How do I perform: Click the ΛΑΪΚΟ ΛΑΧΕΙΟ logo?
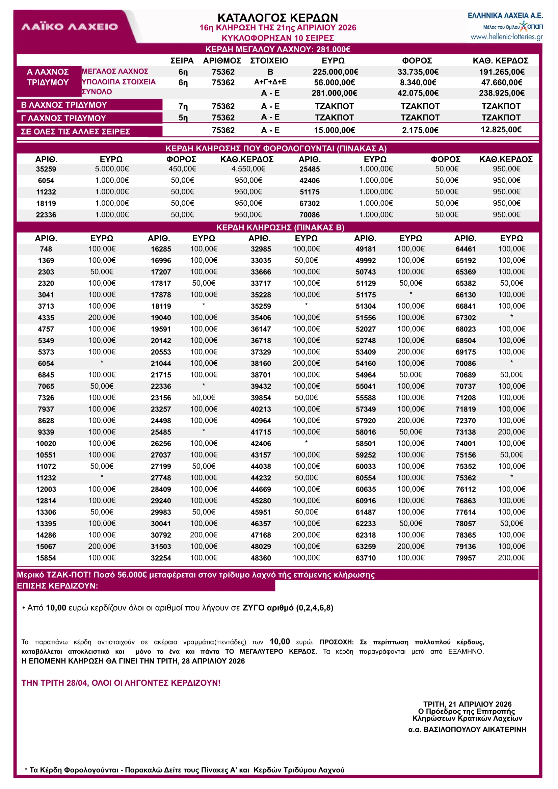click(x=70, y=27)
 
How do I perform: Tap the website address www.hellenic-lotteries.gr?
click(x=506, y=37)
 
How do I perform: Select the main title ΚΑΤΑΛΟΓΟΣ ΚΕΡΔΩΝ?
click(x=277, y=18)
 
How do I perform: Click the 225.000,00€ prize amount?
click(x=335, y=72)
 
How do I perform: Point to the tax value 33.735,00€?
click(x=418, y=72)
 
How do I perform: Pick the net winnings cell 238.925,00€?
click(x=501, y=93)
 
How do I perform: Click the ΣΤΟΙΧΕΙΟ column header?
click(x=269, y=61)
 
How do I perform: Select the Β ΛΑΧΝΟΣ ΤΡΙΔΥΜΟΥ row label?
click(x=64, y=105)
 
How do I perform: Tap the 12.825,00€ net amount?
click(x=501, y=130)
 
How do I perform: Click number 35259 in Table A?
click(x=46, y=169)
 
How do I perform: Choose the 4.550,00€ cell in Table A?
click(x=248, y=169)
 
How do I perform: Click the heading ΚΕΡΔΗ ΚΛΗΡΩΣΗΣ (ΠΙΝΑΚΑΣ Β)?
click(x=280, y=227)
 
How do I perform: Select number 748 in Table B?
click(x=46, y=249)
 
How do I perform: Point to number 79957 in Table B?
click(x=465, y=558)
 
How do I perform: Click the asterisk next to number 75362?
click(x=511, y=477)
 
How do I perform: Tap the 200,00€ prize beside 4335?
click(x=102, y=317)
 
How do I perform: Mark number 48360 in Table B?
click(x=261, y=558)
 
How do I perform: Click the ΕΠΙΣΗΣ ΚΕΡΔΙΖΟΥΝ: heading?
click(x=57, y=585)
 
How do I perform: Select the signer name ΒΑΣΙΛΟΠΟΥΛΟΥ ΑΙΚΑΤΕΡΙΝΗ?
click(x=467, y=729)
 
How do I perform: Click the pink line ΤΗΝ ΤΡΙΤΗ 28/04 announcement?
click(x=121, y=683)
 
